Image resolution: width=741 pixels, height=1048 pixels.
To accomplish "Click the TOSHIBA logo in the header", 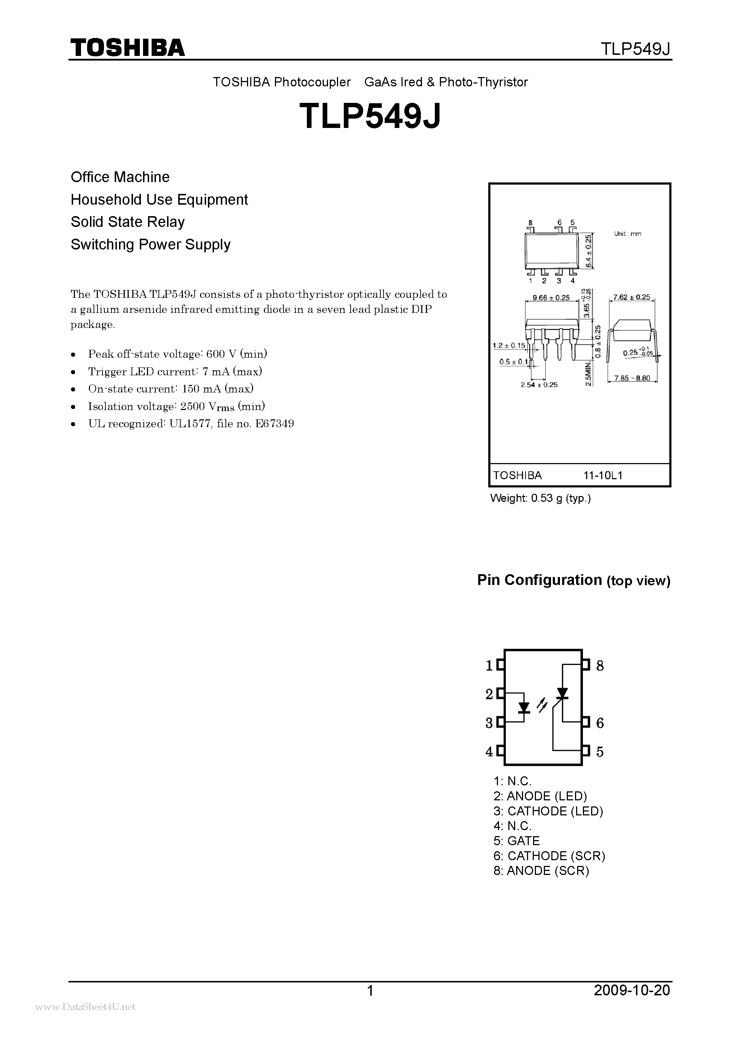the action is [x=127, y=47].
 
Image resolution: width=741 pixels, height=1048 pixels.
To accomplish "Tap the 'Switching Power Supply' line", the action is [x=151, y=245].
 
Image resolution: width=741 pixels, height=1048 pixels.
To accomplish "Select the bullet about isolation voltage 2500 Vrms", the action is [x=177, y=406].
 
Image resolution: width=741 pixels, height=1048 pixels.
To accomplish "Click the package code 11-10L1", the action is [x=603, y=475].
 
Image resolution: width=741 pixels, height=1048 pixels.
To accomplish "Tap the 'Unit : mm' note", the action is [x=627, y=234].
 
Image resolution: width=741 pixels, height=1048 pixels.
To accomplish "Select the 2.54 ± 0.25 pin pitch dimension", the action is [x=539, y=385].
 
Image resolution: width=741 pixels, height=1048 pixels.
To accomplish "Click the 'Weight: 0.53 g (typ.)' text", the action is [x=541, y=498].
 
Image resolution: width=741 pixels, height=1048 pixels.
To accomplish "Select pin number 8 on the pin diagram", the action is [x=600, y=666].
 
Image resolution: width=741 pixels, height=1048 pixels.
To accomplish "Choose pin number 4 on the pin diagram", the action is [x=489, y=751].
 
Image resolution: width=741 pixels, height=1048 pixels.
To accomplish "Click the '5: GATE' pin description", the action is [x=517, y=841].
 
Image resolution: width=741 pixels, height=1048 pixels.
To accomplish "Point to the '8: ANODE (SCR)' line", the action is [x=541, y=871].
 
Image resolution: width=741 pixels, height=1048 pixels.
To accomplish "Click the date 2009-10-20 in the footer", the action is [x=632, y=990].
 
